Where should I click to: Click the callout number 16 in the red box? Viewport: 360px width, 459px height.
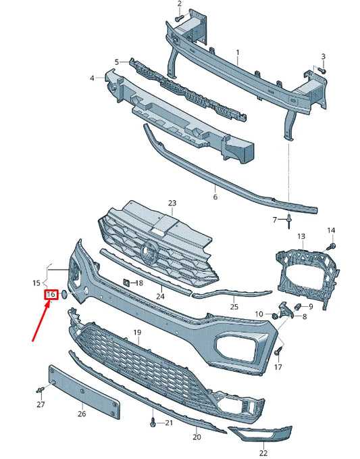[x=51, y=294]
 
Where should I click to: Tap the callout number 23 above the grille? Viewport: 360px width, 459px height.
[x=172, y=203]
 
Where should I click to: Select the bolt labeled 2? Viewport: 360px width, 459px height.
[x=178, y=18]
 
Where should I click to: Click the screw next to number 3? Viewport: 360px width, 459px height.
[x=322, y=70]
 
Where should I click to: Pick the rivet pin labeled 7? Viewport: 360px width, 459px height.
[x=289, y=221]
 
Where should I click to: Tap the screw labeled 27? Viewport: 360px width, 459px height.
[x=41, y=389]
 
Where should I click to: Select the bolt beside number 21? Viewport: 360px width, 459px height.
[x=153, y=423]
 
